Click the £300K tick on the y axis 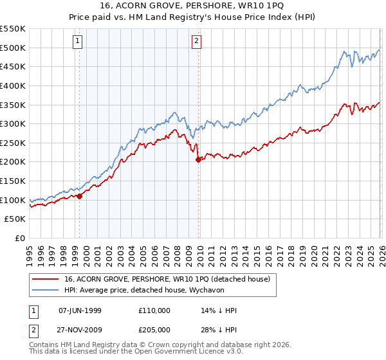(13, 123)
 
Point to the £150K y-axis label (13, 200)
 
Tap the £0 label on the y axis (19, 238)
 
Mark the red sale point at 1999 (79, 196)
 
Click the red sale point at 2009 (198, 160)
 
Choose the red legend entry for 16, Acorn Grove (170, 278)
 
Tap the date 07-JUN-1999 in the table (80, 310)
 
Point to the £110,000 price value (154, 310)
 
